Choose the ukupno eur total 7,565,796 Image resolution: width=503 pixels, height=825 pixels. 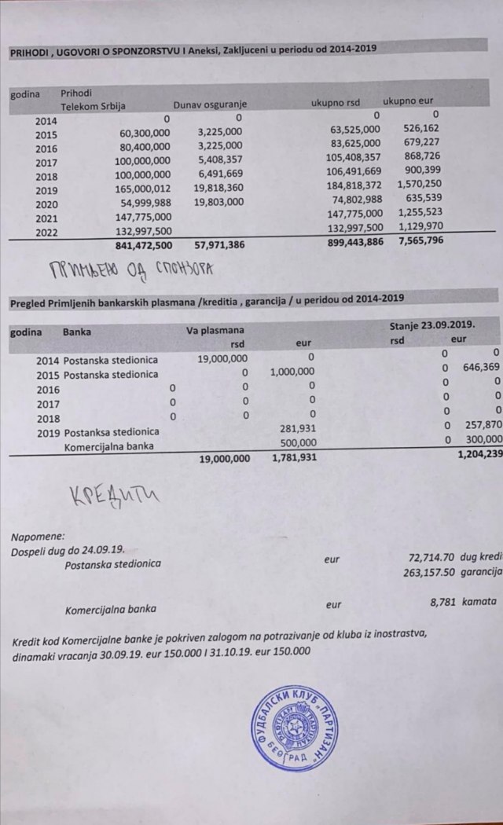tap(420, 241)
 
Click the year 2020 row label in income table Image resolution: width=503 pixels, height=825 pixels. tap(46, 201)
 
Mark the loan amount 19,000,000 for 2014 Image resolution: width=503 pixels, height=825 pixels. tap(222, 359)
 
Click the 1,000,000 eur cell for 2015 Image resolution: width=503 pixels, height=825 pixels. tap(292, 372)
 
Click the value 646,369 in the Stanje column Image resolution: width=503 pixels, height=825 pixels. tap(481, 367)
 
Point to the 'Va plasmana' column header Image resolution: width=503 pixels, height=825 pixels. tap(215, 331)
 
